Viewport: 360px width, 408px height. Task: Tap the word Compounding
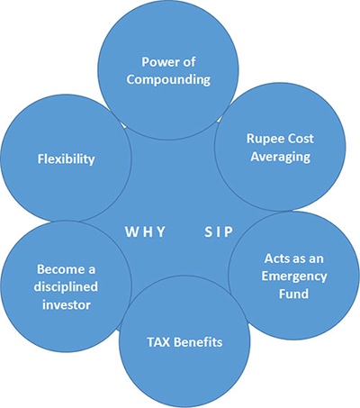pyautogui.click(x=168, y=80)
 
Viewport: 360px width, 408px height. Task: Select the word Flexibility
pyautogui.click(x=66, y=159)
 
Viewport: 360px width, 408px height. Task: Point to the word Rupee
pyautogui.click(x=261, y=140)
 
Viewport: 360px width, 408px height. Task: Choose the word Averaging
pyautogui.click(x=281, y=157)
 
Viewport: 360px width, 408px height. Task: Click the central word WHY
pyautogui.click(x=145, y=231)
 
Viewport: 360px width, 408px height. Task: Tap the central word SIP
pyautogui.click(x=219, y=231)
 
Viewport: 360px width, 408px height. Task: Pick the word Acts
pyautogui.click(x=276, y=258)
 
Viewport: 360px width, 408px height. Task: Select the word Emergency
pyautogui.click(x=294, y=277)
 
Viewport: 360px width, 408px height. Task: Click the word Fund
pyautogui.click(x=293, y=294)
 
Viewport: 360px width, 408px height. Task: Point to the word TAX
pyautogui.click(x=158, y=342)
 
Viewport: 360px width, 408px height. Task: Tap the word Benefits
pyautogui.click(x=199, y=342)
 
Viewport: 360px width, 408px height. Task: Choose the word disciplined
pyautogui.click(x=66, y=287)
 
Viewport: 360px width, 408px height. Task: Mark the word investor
pyautogui.click(x=67, y=304)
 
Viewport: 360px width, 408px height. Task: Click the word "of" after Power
pyautogui.click(x=189, y=62)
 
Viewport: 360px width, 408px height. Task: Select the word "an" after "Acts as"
pyautogui.click(x=317, y=259)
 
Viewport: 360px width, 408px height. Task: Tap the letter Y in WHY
pyautogui.click(x=161, y=231)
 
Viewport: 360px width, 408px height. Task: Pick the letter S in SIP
pyautogui.click(x=209, y=231)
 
